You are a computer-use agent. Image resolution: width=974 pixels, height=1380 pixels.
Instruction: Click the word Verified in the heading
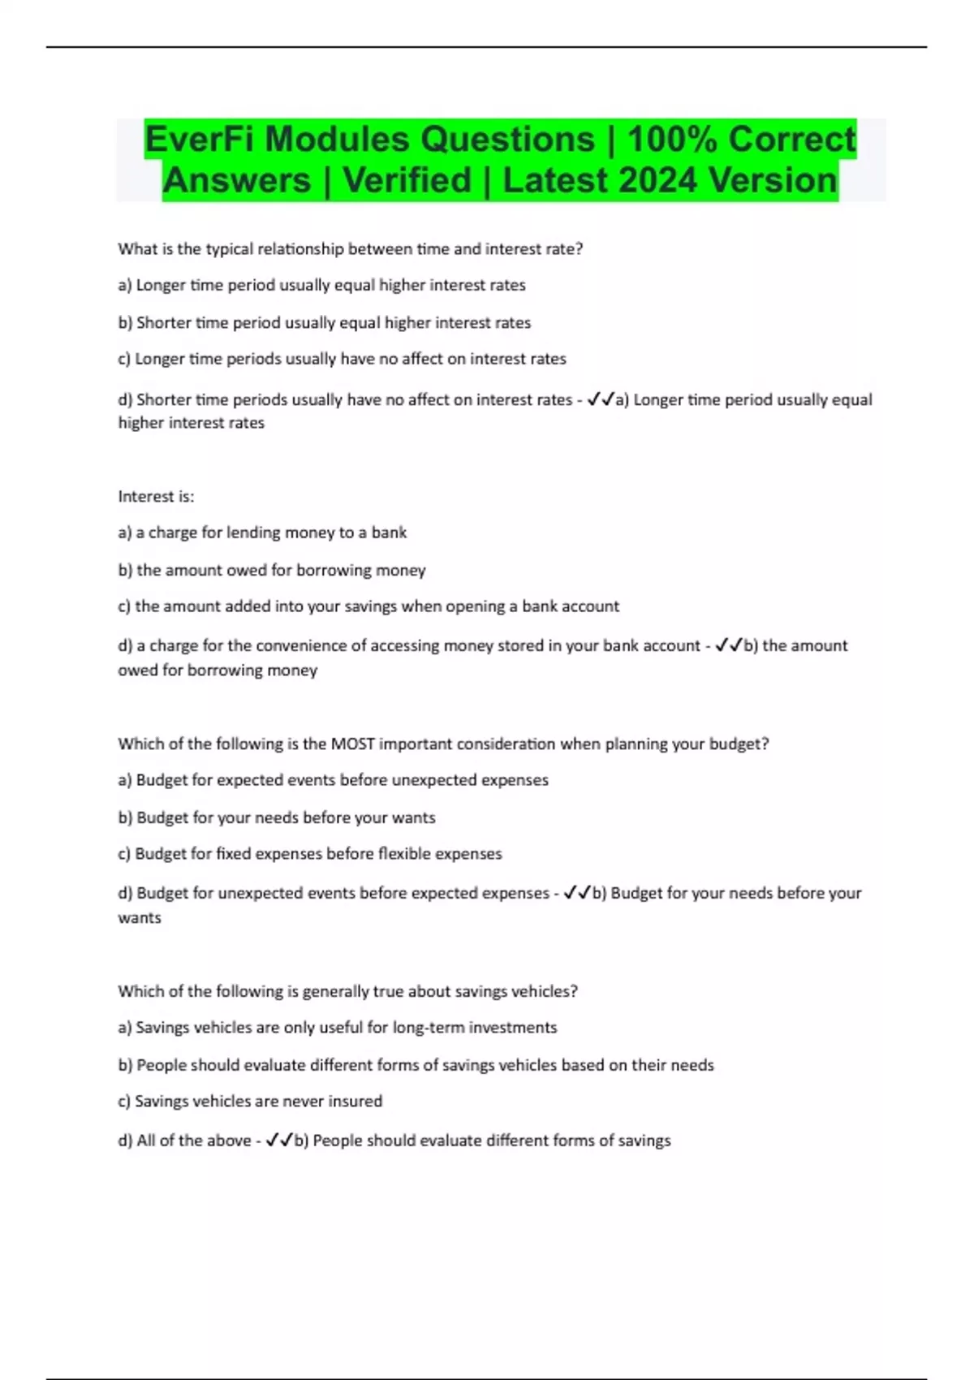(x=407, y=180)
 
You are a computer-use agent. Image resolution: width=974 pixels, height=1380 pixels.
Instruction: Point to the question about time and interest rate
(x=350, y=249)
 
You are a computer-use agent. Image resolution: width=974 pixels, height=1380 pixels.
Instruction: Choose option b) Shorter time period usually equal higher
(x=324, y=323)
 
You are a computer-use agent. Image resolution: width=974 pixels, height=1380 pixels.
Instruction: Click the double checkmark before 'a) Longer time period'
(x=600, y=399)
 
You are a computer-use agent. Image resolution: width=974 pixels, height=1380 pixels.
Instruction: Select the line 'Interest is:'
(x=156, y=496)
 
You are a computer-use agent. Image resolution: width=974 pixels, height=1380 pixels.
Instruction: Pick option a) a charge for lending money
(x=262, y=533)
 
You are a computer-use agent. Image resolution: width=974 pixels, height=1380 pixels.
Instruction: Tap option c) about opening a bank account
(x=368, y=606)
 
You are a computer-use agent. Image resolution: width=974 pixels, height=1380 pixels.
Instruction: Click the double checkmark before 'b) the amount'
(x=728, y=646)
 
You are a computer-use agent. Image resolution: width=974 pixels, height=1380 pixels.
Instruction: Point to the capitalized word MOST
(x=352, y=744)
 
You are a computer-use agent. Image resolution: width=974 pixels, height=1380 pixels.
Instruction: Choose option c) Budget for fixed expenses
(x=310, y=854)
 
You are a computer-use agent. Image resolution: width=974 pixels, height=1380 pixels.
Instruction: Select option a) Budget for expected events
(x=333, y=780)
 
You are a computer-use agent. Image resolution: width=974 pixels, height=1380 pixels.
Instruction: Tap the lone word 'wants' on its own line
(x=140, y=918)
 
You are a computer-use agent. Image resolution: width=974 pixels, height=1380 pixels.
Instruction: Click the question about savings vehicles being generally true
(x=347, y=991)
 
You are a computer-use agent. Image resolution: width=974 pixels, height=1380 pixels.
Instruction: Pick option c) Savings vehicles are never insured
(x=250, y=1102)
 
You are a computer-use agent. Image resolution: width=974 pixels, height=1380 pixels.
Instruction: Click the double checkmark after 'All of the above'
(x=278, y=1141)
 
